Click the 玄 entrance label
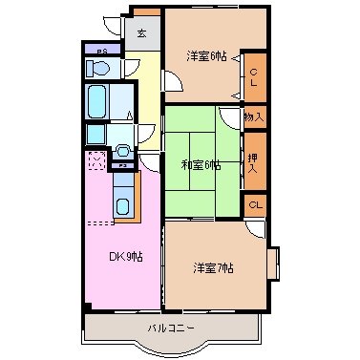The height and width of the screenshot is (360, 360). (141, 33)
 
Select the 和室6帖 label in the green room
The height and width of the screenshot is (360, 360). (201, 164)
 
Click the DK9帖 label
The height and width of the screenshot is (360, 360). (124, 256)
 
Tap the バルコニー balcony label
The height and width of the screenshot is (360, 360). (171, 328)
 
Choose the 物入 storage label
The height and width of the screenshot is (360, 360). (254, 116)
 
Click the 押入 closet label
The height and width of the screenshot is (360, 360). (254, 159)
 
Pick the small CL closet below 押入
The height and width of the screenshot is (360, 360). (255, 204)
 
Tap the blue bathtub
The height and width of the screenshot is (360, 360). (96, 99)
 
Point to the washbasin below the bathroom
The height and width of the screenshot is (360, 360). (122, 151)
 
